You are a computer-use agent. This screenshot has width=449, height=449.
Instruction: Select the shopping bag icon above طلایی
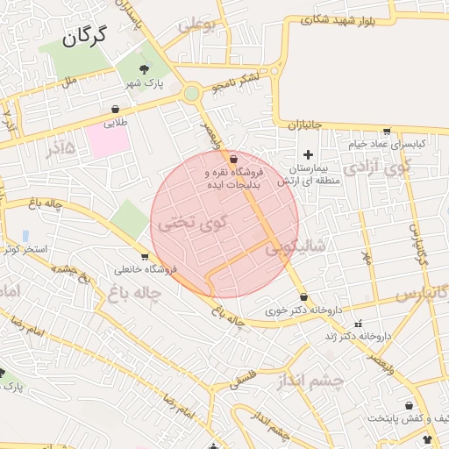[x=115, y=110]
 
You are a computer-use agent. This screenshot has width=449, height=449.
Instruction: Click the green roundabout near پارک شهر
[x=192, y=92]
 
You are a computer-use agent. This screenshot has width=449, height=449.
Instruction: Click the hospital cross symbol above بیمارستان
[x=307, y=154]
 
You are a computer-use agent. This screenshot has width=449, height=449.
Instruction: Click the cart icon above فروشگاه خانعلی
[x=145, y=256]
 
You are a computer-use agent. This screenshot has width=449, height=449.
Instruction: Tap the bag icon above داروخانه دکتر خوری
[x=303, y=297]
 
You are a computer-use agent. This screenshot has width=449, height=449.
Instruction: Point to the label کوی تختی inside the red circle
[x=192, y=222]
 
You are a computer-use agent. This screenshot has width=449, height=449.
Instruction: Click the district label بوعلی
[x=196, y=26]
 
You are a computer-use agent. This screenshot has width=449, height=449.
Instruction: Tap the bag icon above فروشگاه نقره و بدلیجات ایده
[x=232, y=160]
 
